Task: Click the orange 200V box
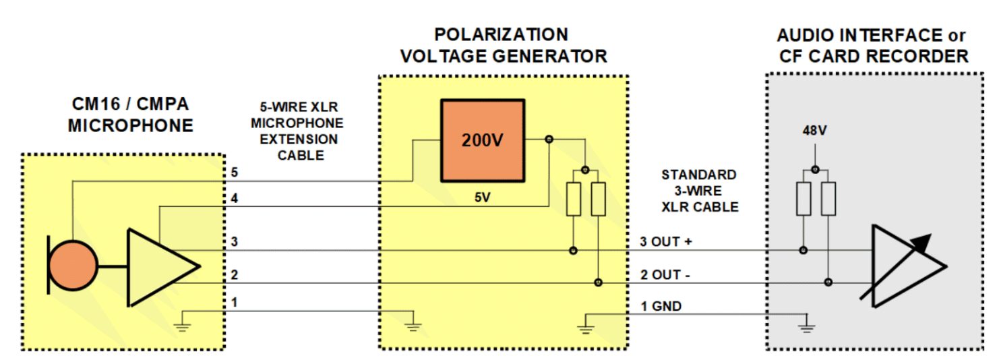click(482, 140)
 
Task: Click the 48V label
click(814, 131)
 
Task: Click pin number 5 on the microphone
click(234, 173)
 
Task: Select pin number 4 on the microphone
click(234, 199)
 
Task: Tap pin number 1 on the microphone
click(234, 303)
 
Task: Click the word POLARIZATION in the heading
click(500, 34)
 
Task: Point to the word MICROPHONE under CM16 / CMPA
click(131, 125)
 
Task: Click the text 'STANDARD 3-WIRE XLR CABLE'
click(698, 191)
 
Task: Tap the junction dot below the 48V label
click(815, 169)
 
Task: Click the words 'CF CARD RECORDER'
click(874, 57)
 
